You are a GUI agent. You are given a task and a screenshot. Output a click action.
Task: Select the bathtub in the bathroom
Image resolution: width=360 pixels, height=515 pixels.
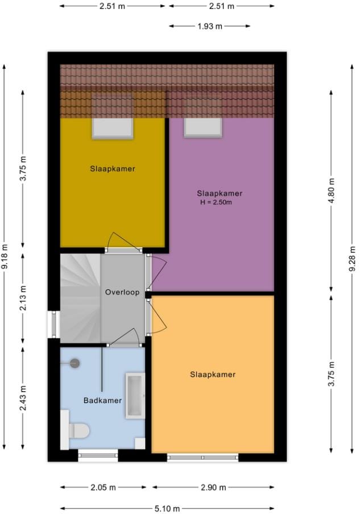(135, 396)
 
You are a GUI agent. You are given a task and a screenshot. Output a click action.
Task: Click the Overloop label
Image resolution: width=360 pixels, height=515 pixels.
(122, 292)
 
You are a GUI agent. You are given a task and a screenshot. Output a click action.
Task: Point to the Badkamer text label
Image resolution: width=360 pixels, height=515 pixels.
(102, 400)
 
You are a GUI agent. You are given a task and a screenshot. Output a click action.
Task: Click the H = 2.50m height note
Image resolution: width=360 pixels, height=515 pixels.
(216, 202)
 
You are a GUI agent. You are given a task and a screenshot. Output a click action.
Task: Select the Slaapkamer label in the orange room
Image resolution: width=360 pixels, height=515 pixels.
(212, 374)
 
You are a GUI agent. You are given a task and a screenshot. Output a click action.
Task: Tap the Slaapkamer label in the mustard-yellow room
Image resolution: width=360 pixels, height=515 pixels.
(113, 168)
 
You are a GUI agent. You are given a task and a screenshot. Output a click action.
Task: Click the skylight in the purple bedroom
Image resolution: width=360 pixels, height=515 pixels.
(202, 128)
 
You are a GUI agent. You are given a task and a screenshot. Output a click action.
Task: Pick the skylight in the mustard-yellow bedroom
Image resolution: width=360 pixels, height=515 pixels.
(113, 129)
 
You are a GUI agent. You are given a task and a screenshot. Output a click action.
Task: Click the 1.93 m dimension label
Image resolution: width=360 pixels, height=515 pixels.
(210, 26)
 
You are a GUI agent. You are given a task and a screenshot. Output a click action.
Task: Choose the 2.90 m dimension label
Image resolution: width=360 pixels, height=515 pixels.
(212, 487)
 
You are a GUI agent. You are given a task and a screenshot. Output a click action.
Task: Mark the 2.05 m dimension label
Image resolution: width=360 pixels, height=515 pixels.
(103, 487)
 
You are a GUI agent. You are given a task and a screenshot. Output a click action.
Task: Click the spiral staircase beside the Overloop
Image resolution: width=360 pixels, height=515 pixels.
(80, 298)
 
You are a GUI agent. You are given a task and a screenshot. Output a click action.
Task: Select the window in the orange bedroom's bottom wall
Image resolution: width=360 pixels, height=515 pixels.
(202, 457)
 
